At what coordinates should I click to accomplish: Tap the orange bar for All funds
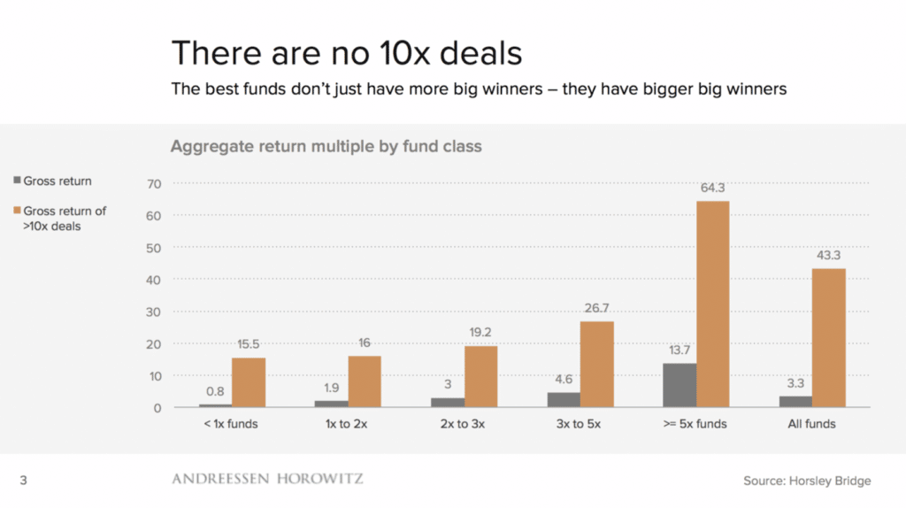(x=829, y=338)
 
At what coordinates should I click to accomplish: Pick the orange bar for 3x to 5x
(x=597, y=365)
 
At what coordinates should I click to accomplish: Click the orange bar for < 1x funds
(x=249, y=382)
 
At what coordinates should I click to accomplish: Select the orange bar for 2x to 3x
(x=480, y=376)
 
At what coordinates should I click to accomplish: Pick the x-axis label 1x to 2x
(x=347, y=424)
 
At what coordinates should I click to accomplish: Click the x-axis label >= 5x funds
(x=695, y=424)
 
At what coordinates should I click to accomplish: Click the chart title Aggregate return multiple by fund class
(x=326, y=146)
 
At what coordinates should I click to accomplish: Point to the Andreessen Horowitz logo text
(x=267, y=479)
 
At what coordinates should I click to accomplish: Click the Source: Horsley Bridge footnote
(x=807, y=481)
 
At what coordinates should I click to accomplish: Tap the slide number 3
(x=24, y=481)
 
